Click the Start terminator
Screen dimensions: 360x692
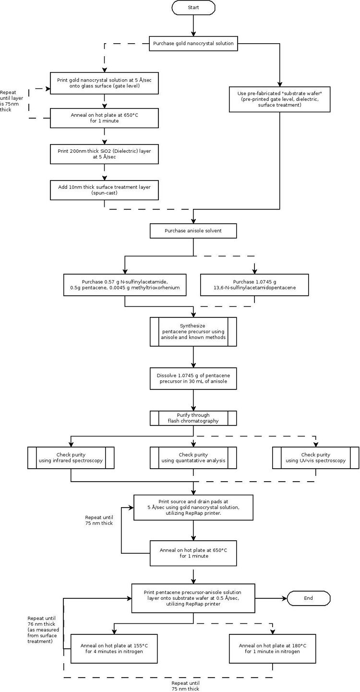(x=193, y=7)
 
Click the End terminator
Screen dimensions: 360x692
(x=309, y=598)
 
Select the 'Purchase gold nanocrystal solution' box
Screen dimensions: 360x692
(x=193, y=44)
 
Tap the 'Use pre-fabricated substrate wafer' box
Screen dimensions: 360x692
(x=280, y=99)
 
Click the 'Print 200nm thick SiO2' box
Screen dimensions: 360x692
(x=104, y=154)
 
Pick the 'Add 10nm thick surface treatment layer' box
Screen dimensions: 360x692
(x=104, y=190)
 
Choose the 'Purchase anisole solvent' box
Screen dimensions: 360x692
(x=193, y=231)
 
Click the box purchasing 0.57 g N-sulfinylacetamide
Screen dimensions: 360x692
(x=125, y=285)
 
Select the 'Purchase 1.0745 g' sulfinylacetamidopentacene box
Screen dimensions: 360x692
(x=254, y=285)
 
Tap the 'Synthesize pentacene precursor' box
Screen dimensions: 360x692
(x=193, y=331)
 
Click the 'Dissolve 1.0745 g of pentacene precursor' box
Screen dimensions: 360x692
(x=193, y=378)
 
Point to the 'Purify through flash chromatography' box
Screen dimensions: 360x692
(x=193, y=418)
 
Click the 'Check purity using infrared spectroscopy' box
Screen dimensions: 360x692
(x=71, y=458)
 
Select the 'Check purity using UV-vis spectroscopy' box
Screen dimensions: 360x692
(x=315, y=458)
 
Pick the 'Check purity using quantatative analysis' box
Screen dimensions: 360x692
(x=193, y=458)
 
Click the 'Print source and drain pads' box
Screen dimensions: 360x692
(x=193, y=508)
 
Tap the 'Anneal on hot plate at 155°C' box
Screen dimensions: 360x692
(x=114, y=649)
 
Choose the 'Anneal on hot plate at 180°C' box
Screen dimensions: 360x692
(x=272, y=649)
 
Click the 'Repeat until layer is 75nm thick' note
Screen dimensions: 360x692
(x=12, y=101)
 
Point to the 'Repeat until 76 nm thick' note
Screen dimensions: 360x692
(x=43, y=630)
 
